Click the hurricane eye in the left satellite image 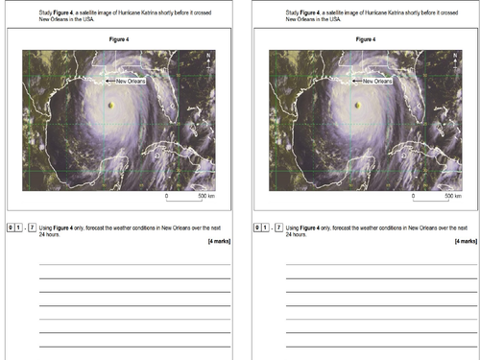pyautogui.click(x=111, y=105)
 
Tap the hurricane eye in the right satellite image pyautogui.click(x=358, y=105)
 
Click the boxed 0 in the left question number pyautogui.click(x=11, y=228)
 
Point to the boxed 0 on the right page pyautogui.click(x=257, y=228)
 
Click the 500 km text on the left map pyautogui.click(x=206, y=195)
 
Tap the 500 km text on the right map pyautogui.click(x=452, y=195)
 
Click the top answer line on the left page pyautogui.click(x=134, y=264)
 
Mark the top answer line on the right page pyautogui.click(x=381, y=264)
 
